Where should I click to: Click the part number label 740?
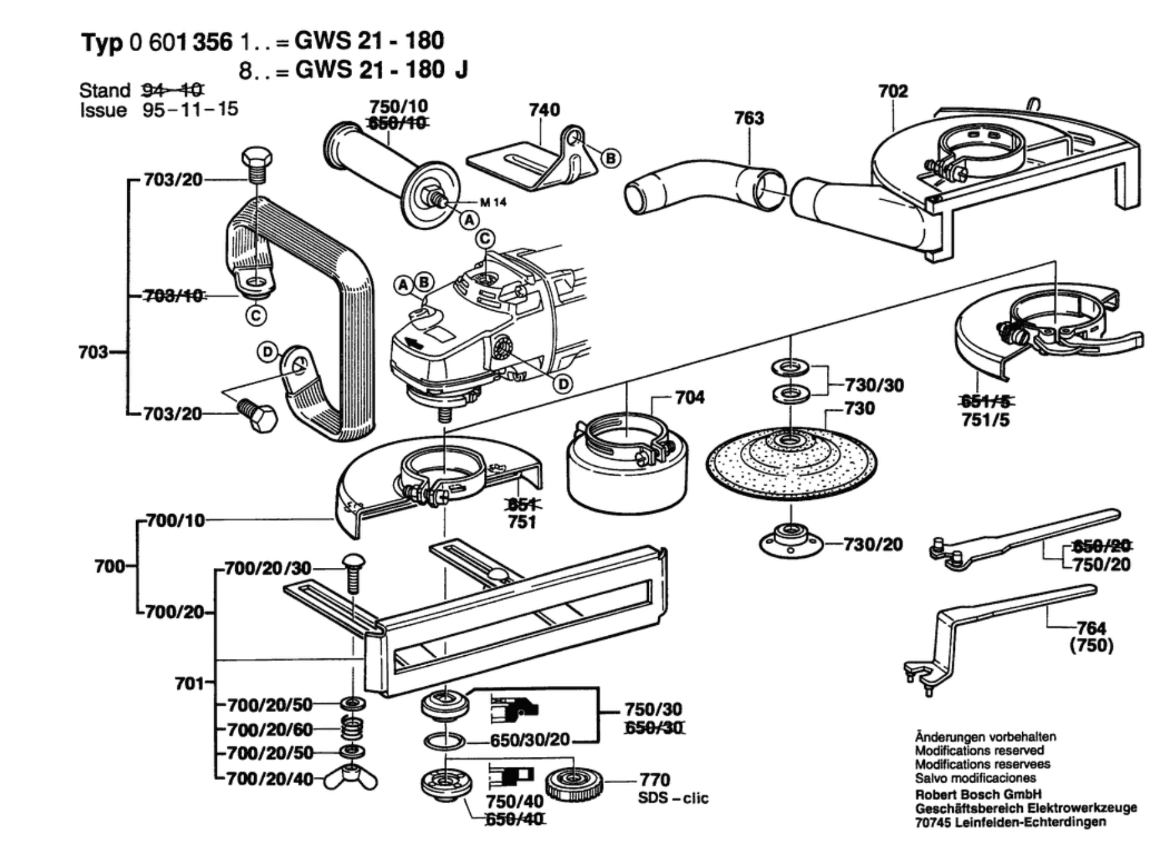coord(544,110)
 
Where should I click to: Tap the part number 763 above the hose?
coord(749,118)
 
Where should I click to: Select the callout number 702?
coord(893,91)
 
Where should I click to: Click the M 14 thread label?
coord(493,202)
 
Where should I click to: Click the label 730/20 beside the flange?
coord(873,544)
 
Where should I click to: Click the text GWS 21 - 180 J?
coord(381,69)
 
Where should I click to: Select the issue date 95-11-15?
coord(190,110)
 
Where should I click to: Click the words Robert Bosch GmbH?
coord(978,794)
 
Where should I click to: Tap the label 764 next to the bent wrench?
coord(1091,628)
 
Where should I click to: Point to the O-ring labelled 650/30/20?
coord(444,741)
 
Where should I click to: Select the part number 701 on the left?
coord(189,683)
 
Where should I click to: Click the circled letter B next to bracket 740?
coord(610,158)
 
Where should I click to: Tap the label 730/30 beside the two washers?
coord(874,385)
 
